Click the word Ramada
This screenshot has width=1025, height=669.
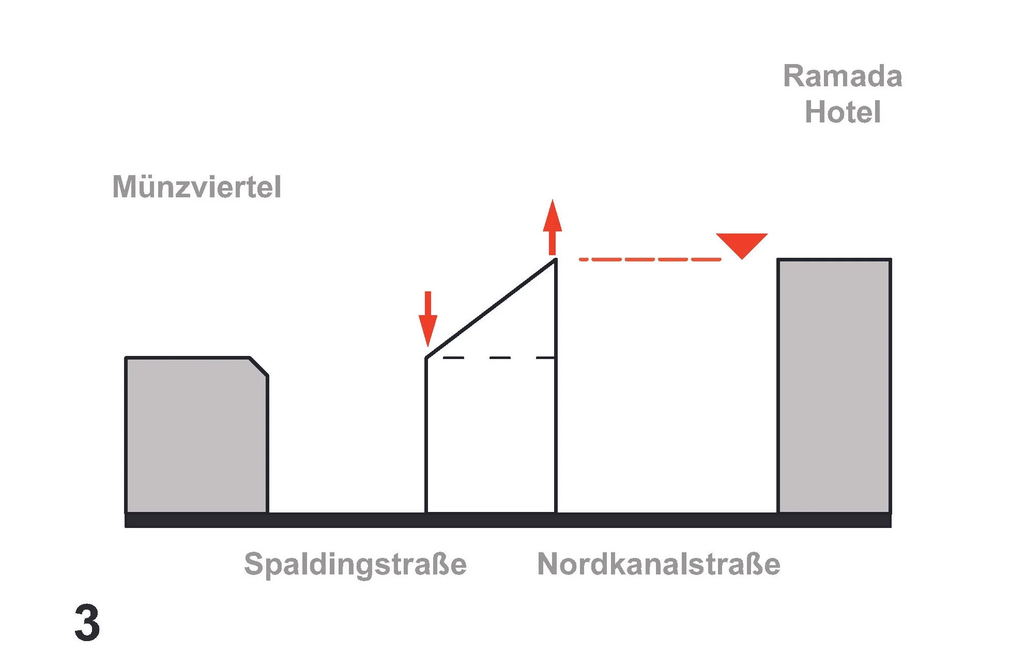pyautogui.click(x=842, y=76)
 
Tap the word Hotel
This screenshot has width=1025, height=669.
pyautogui.click(x=842, y=112)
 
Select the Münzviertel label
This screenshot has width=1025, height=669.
pyautogui.click(x=196, y=186)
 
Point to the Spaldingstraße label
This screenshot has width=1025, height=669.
pyautogui.click(x=355, y=564)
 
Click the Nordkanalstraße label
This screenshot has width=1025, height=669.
pyautogui.click(x=659, y=564)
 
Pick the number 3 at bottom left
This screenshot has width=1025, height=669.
pyautogui.click(x=87, y=623)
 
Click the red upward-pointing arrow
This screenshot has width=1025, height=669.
pyautogui.click(x=552, y=227)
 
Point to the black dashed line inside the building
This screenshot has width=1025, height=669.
pyautogui.click(x=499, y=357)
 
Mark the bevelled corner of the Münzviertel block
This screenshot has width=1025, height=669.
pyautogui.click(x=258, y=367)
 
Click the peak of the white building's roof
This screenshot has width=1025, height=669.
pyautogui.click(x=555, y=260)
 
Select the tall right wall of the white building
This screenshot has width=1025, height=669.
pyautogui.click(x=556, y=413)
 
